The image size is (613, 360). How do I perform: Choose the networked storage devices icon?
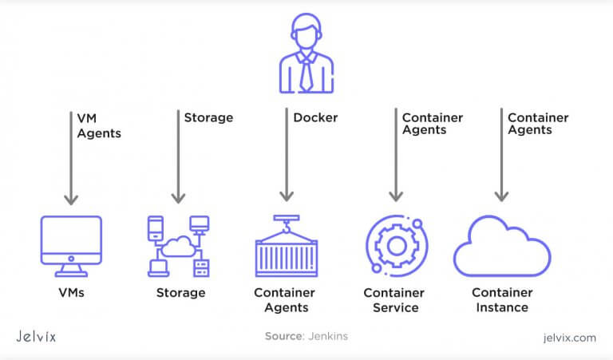(x=178, y=246)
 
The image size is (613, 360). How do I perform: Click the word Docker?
(x=315, y=117)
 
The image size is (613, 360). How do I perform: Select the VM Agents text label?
(x=98, y=125)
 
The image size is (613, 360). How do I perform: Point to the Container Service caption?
(x=394, y=300)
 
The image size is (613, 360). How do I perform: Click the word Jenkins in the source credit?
(x=329, y=337)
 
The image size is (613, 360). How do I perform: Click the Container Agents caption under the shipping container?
(x=285, y=300)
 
